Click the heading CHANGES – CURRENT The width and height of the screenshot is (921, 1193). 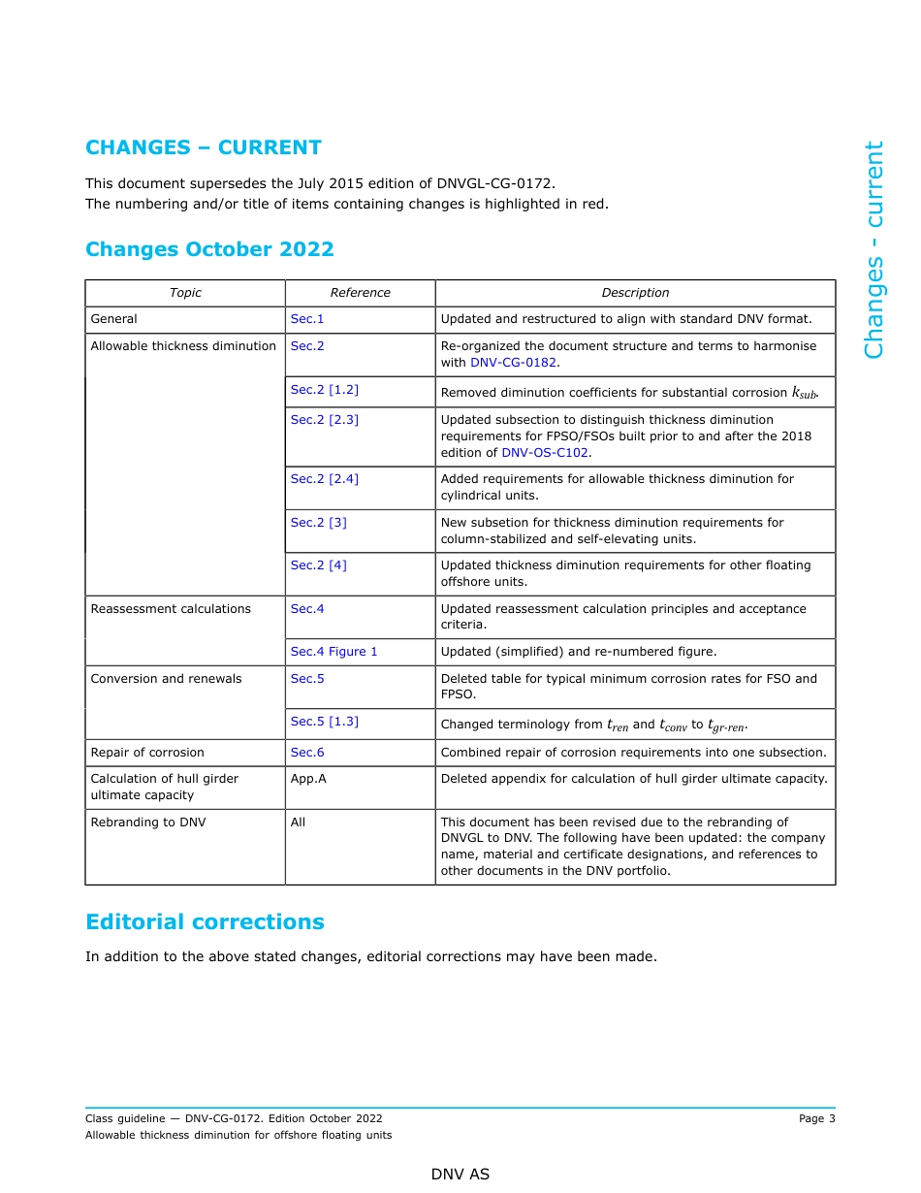click(204, 147)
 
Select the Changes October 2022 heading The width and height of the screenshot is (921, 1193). click(209, 249)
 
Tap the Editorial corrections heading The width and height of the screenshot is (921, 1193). click(205, 921)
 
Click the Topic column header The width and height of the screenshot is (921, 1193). click(185, 293)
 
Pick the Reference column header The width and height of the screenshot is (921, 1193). click(360, 293)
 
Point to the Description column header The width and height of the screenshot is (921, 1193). click(635, 293)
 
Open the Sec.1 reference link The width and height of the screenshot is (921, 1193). click(307, 319)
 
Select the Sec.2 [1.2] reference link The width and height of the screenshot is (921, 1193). click(324, 390)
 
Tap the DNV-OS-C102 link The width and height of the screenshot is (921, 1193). click(545, 453)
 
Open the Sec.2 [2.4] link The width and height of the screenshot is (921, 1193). click(324, 479)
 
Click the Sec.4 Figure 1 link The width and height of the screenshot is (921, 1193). click(333, 652)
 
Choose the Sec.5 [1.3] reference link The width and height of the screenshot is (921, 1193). click(324, 722)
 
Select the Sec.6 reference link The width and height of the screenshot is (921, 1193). click(307, 753)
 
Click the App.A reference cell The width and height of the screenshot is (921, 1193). click(308, 779)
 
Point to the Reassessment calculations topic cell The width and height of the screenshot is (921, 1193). click(171, 609)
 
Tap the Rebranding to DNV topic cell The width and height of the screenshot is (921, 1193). click(148, 822)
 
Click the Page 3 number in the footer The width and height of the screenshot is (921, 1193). click(816, 1119)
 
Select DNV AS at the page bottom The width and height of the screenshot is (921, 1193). click(460, 1175)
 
